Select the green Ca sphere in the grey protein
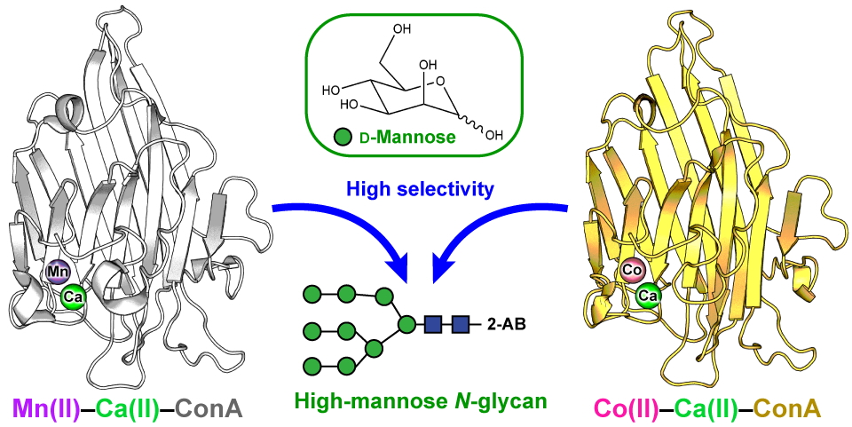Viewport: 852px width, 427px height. (x=74, y=297)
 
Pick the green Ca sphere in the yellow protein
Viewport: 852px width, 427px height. (x=649, y=294)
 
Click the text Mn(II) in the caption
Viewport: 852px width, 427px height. (x=46, y=407)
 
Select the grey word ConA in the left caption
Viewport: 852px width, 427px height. (x=209, y=407)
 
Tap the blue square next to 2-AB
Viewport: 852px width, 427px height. (x=461, y=324)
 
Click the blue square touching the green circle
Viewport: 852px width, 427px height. (x=434, y=324)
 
